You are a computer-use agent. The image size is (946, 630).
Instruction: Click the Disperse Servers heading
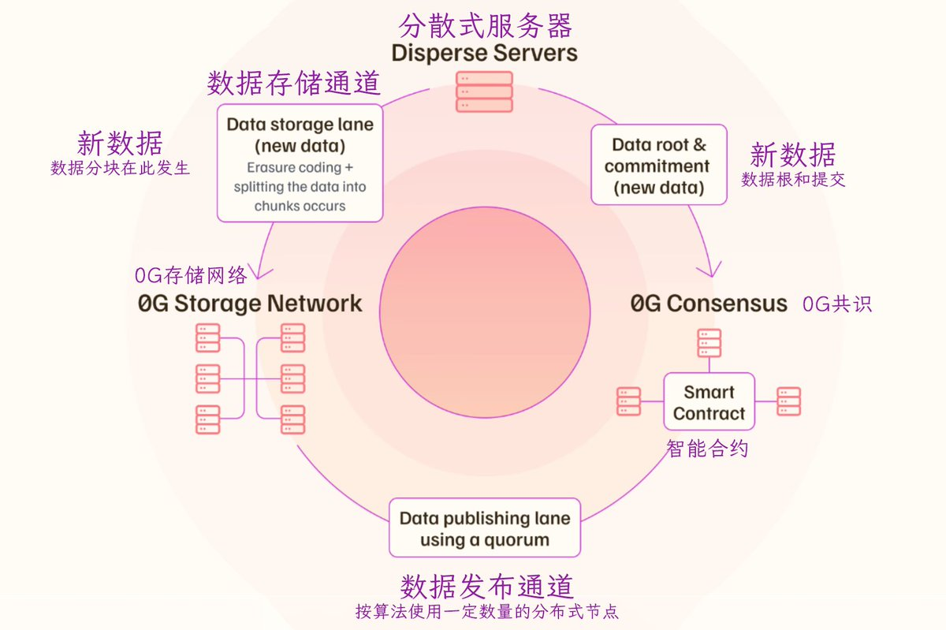(484, 54)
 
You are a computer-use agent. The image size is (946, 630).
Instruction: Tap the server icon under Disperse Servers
(484, 92)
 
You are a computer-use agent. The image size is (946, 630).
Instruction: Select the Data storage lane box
(300, 163)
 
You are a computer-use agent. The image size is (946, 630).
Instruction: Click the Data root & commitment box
(658, 165)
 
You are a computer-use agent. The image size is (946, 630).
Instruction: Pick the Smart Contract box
(709, 402)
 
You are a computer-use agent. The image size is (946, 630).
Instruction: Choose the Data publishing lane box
(484, 527)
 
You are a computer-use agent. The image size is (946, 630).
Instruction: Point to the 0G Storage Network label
(250, 303)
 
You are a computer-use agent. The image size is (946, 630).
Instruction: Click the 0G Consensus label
(709, 304)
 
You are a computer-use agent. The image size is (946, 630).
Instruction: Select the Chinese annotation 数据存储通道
(294, 83)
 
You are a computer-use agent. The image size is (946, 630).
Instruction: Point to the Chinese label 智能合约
(707, 449)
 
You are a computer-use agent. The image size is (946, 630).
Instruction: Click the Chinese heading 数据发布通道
(486, 586)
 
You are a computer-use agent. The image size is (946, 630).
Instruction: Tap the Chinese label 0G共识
(837, 304)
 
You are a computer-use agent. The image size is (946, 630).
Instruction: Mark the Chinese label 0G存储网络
(191, 275)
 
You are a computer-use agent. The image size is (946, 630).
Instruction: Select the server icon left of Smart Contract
(628, 401)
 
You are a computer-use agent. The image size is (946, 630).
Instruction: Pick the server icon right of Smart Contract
(788, 401)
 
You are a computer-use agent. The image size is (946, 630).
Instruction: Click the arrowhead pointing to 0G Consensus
(707, 270)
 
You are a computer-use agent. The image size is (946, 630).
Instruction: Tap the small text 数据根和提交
(793, 179)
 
